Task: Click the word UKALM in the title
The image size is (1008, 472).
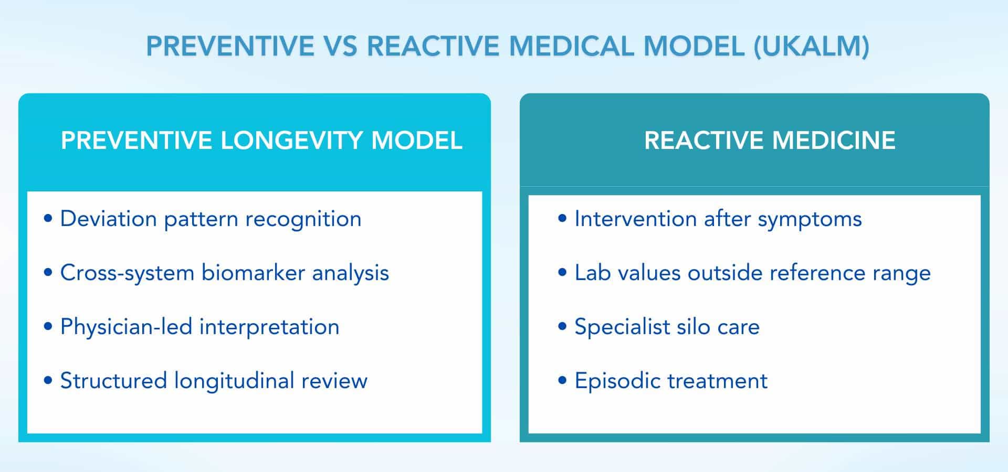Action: coord(812,46)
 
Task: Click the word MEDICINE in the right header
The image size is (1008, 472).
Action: coord(834,141)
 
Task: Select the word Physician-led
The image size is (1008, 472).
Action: coord(125,327)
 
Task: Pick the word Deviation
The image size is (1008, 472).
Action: coord(108,219)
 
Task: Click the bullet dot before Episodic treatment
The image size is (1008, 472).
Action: coord(562,380)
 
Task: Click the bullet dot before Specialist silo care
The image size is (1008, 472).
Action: coord(562,326)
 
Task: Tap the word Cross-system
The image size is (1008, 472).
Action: coord(127,273)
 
